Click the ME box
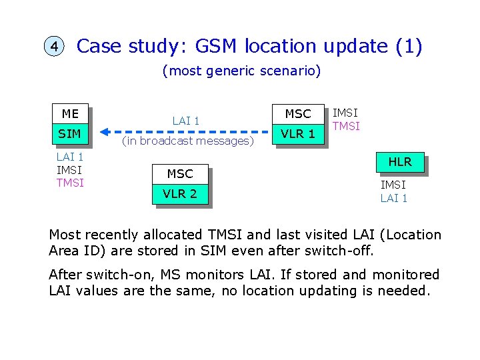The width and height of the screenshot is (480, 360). tap(70, 114)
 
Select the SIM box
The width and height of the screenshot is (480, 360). tap(70, 134)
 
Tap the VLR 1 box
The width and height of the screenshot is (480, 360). tap(297, 134)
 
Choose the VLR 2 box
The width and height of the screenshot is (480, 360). tap(180, 194)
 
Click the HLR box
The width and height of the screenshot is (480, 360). tap(400, 161)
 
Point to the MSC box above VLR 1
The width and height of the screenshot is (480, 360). tap(297, 114)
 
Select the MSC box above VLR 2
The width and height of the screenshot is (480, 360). tap(180, 174)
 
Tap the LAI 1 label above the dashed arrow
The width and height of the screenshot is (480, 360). tap(186, 121)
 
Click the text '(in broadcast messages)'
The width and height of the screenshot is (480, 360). tap(187, 141)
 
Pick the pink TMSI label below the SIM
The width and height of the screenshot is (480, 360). tap(70, 183)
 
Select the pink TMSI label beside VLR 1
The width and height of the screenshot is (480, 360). tap(346, 126)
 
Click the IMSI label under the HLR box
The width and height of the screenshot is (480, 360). tap(393, 185)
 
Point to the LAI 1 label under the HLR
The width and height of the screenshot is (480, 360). tap(393, 198)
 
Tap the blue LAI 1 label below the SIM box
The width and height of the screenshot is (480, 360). tap(70, 157)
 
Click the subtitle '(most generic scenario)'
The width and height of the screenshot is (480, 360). tap(241, 71)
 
